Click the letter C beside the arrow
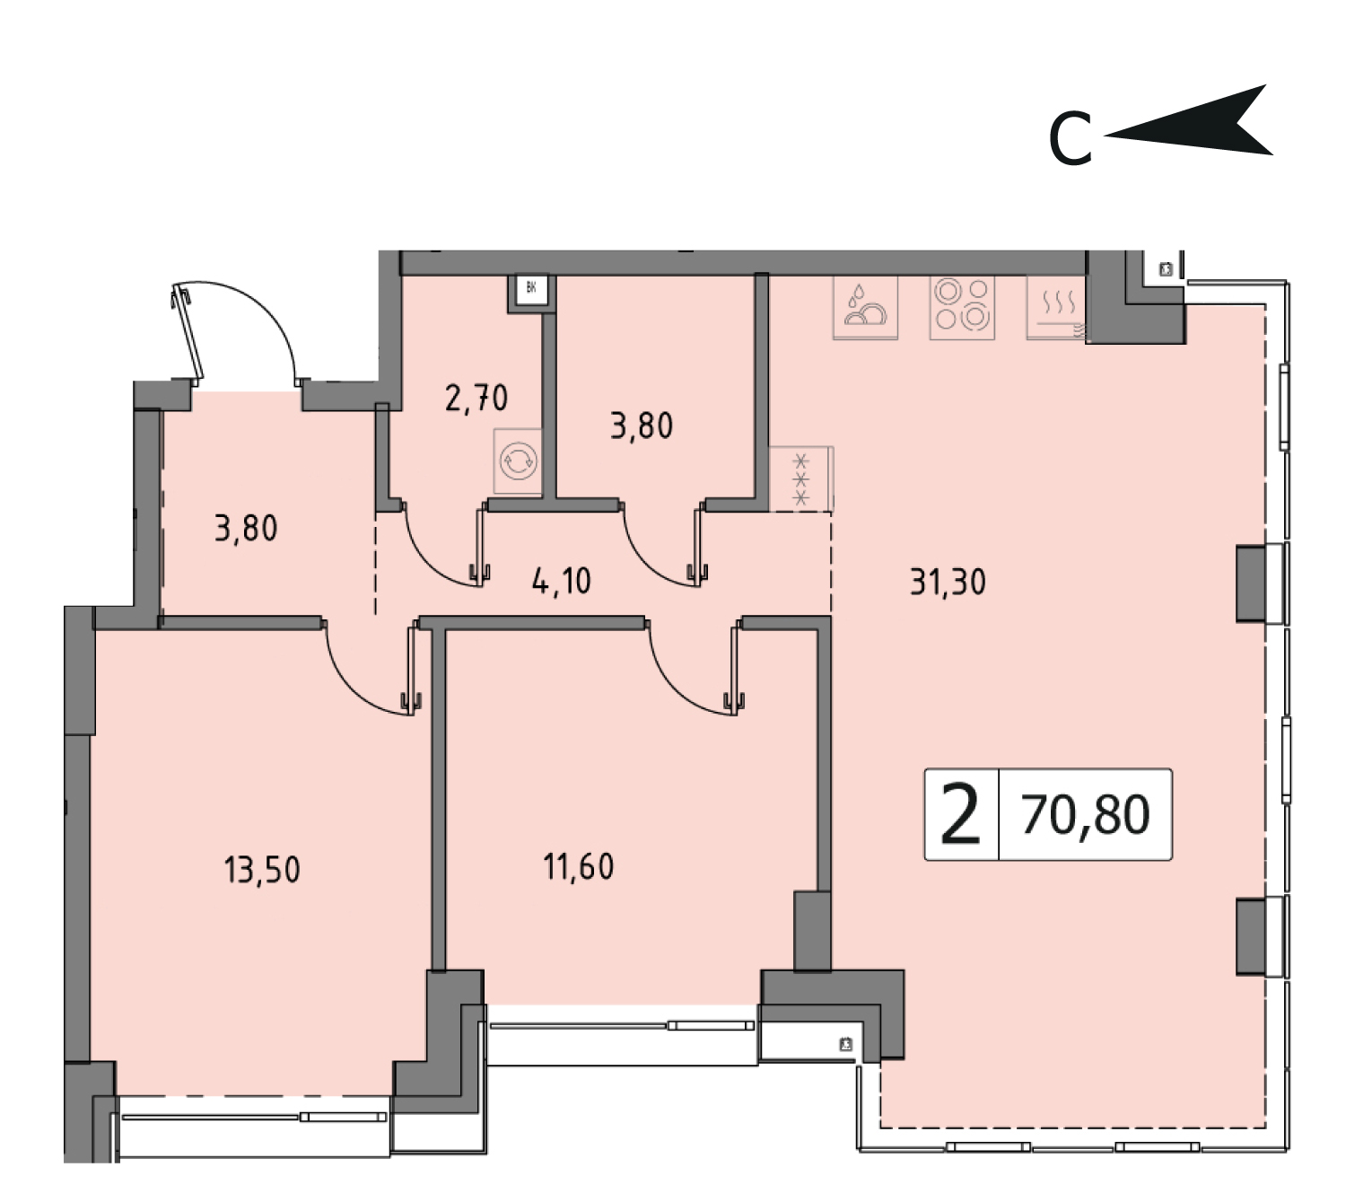tap(1071, 140)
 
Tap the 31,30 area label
tap(948, 582)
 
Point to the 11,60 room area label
tap(579, 867)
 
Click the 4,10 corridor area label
tap(562, 581)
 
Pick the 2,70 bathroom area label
tap(476, 399)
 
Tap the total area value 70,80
tap(1086, 815)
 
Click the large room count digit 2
tap(961, 813)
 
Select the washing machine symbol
tap(518, 461)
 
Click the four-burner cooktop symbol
tap(962, 307)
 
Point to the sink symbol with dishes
tap(865, 307)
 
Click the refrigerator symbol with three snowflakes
tap(801, 478)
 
